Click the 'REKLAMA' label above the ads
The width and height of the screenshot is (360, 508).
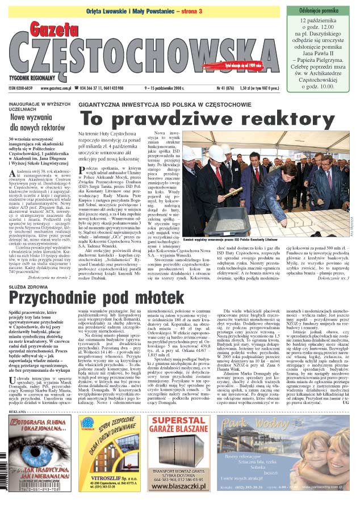[x=18, y=411]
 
